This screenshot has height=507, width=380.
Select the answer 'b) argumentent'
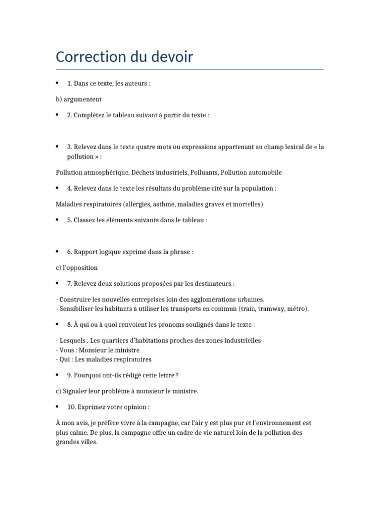click(x=79, y=100)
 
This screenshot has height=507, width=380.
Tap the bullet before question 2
click(x=57, y=115)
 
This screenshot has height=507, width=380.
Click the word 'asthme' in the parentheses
click(x=161, y=204)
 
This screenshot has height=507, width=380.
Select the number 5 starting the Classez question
click(x=69, y=220)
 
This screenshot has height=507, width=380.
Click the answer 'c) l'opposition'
click(x=77, y=268)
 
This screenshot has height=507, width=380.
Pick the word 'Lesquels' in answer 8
click(x=72, y=341)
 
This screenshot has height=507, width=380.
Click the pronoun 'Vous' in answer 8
click(x=67, y=350)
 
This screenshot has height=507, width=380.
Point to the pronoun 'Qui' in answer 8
click(x=65, y=359)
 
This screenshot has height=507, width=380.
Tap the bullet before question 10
click(x=57, y=406)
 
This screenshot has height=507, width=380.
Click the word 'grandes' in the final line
click(x=67, y=442)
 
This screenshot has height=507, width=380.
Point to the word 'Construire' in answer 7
click(x=75, y=300)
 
